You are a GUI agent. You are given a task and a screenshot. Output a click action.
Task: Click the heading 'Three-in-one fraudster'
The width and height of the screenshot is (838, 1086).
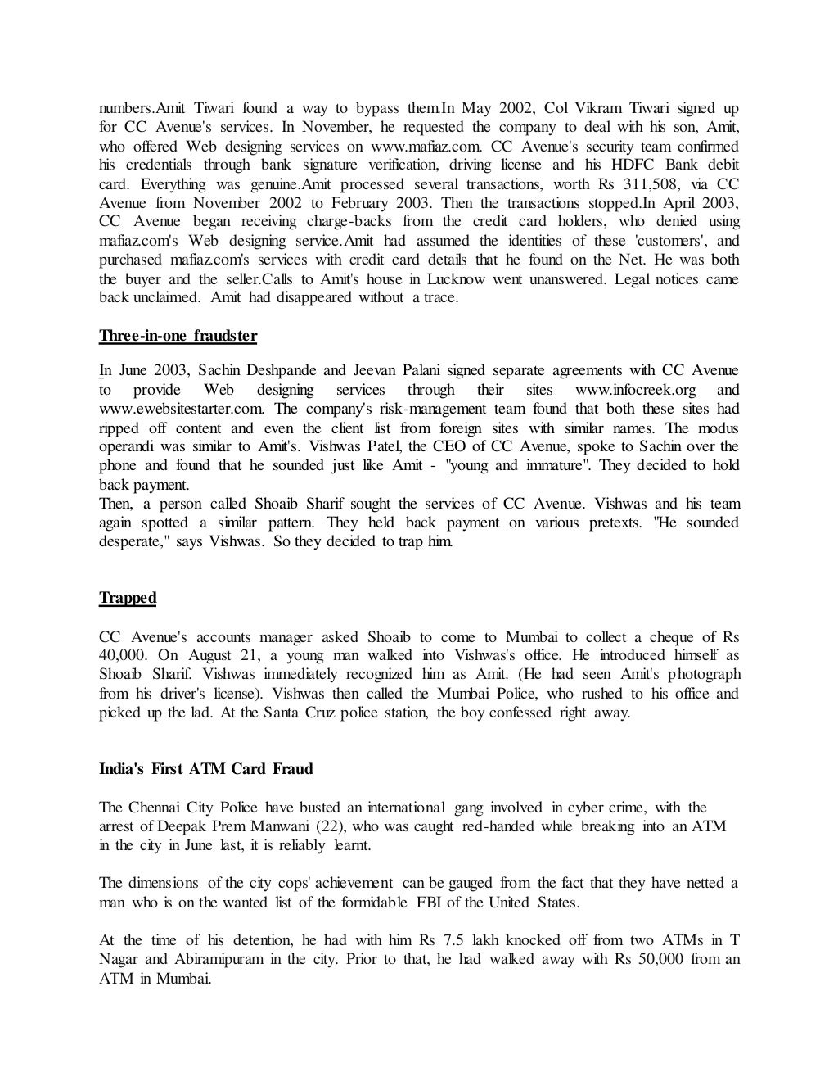[x=178, y=336]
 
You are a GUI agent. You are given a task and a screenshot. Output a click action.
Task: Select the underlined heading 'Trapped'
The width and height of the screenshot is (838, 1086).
[x=128, y=598]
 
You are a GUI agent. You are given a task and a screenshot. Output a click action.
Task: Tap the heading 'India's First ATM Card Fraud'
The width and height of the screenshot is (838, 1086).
[x=205, y=769]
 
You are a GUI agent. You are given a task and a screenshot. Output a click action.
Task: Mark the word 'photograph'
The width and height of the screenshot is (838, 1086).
[x=704, y=675]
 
